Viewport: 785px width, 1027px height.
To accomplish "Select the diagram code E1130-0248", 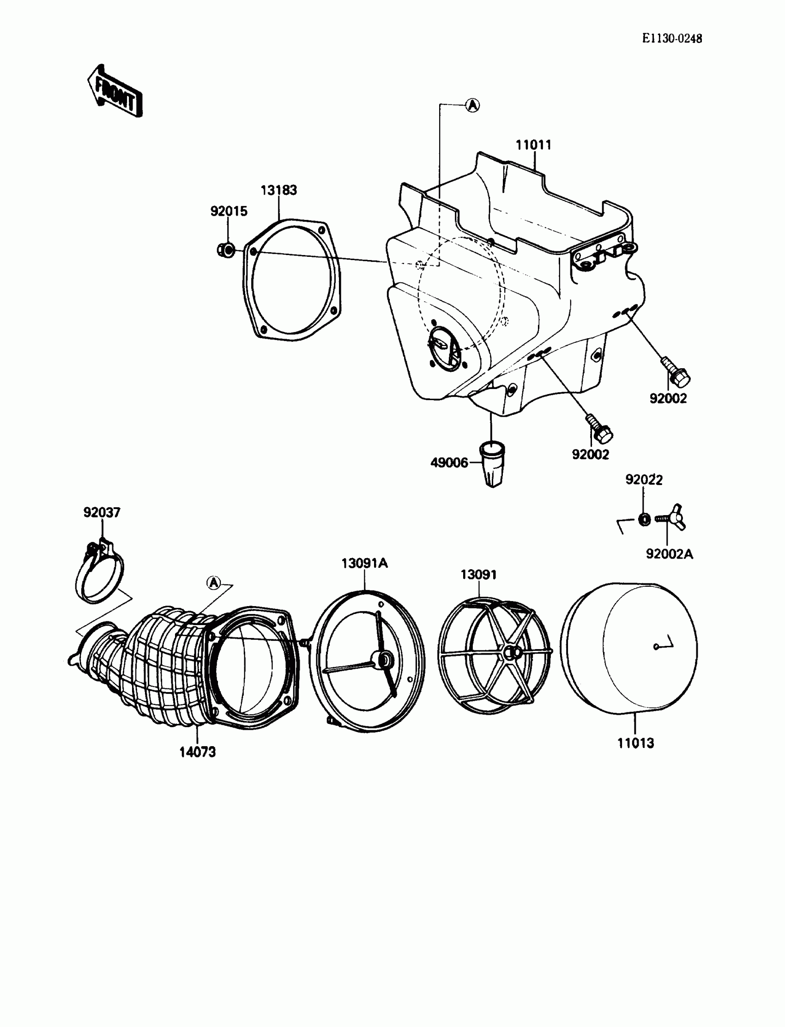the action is pyautogui.click(x=671, y=38).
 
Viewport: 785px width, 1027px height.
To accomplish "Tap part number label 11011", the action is pyautogui.click(x=533, y=145).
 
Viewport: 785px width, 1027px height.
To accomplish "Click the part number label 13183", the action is pyautogui.click(x=278, y=190).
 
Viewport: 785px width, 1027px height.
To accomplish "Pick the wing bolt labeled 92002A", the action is pyautogui.click(x=672, y=519).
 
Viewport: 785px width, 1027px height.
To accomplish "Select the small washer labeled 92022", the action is pyautogui.click(x=644, y=519).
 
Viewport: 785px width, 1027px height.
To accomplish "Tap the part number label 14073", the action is pyautogui.click(x=198, y=752).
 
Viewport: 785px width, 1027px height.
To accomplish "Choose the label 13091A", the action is pyautogui.click(x=364, y=563).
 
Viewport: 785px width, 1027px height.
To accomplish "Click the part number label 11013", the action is pyautogui.click(x=635, y=743).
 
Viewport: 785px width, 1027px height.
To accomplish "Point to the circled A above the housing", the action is pyautogui.click(x=473, y=105).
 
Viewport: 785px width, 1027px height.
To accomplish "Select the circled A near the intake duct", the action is pyautogui.click(x=213, y=583).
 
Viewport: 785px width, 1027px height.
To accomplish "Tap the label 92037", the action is pyautogui.click(x=102, y=512).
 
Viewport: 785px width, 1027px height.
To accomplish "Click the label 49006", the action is pyautogui.click(x=448, y=463).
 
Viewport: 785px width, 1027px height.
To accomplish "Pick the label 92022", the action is pyautogui.click(x=644, y=480).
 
